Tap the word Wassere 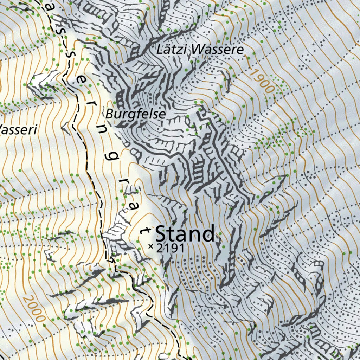pyautogui.click(x=218, y=50)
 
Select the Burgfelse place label pyautogui.click(x=135, y=114)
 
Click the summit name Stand pyautogui.click(x=185, y=234)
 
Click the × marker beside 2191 pyautogui.click(x=151, y=247)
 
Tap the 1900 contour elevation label pyautogui.click(x=262, y=81)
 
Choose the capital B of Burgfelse pyautogui.click(x=109, y=114)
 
